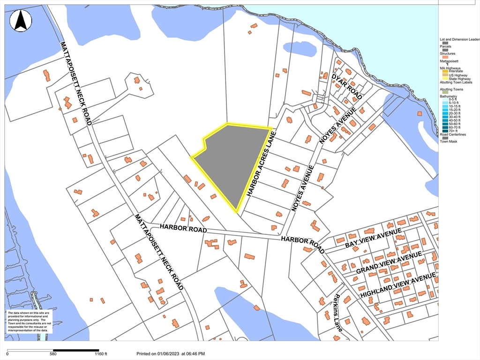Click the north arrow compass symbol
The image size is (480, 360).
[x=21, y=21]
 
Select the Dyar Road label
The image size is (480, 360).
[x=347, y=86]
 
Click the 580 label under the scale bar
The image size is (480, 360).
[x=52, y=354]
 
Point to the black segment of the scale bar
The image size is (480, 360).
[x=75, y=350]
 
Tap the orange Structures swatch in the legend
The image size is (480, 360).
[x=445, y=57]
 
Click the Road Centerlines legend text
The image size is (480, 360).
[x=453, y=135]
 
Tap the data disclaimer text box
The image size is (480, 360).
[x=29, y=322]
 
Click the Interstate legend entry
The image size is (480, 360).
[x=456, y=71]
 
